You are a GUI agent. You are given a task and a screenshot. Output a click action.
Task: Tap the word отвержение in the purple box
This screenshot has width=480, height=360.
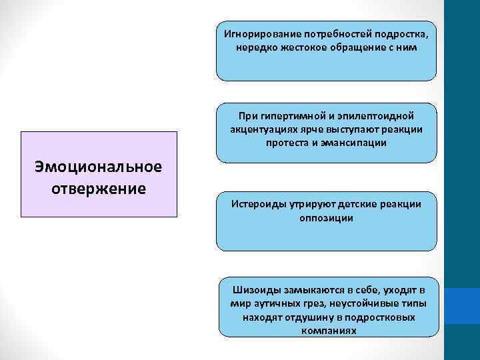(99, 187)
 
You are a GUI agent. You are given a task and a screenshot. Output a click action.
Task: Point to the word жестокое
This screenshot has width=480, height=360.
(295, 48)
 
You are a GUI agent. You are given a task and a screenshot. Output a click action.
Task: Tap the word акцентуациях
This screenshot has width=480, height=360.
(261, 129)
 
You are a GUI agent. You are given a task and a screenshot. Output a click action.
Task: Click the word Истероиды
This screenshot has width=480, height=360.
(259, 204)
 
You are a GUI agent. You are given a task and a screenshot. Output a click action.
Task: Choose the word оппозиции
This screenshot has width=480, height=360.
(327, 217)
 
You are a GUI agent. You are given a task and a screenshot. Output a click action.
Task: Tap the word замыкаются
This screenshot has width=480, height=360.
(308, 291)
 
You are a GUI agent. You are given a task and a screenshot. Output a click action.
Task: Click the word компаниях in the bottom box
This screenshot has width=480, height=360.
(327, 330)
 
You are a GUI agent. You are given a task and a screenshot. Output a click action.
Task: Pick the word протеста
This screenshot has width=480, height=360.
(290, 143)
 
